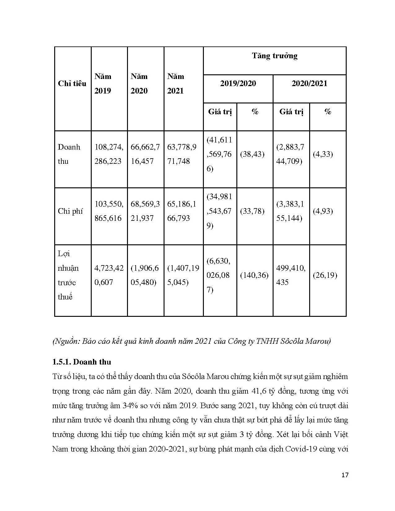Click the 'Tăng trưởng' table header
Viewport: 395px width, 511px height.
tap(274, 56)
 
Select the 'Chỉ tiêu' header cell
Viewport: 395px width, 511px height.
tap(72, 84)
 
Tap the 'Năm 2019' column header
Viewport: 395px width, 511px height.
tap(103, 84)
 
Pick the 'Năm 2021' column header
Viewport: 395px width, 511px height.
tap(176, 84)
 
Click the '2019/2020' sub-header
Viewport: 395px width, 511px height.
tap(238, 84)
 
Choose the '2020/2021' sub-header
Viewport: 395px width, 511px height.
tap(309, 84)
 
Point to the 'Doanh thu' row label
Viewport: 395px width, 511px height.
tap(69, 154)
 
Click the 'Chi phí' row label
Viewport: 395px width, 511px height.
tap(70, 211)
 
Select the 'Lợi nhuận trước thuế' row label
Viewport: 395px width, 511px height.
tap(68, 275)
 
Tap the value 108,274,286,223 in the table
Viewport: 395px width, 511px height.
tap(109, 154)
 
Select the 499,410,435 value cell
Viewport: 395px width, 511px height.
tap(291, 275)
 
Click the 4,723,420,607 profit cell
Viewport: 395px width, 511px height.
tap(109, 275)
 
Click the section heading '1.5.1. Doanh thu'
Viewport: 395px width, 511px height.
tap(82, 362)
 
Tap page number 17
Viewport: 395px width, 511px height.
tap(345, 475)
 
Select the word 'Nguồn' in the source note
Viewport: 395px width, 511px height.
tap(66, 342)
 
